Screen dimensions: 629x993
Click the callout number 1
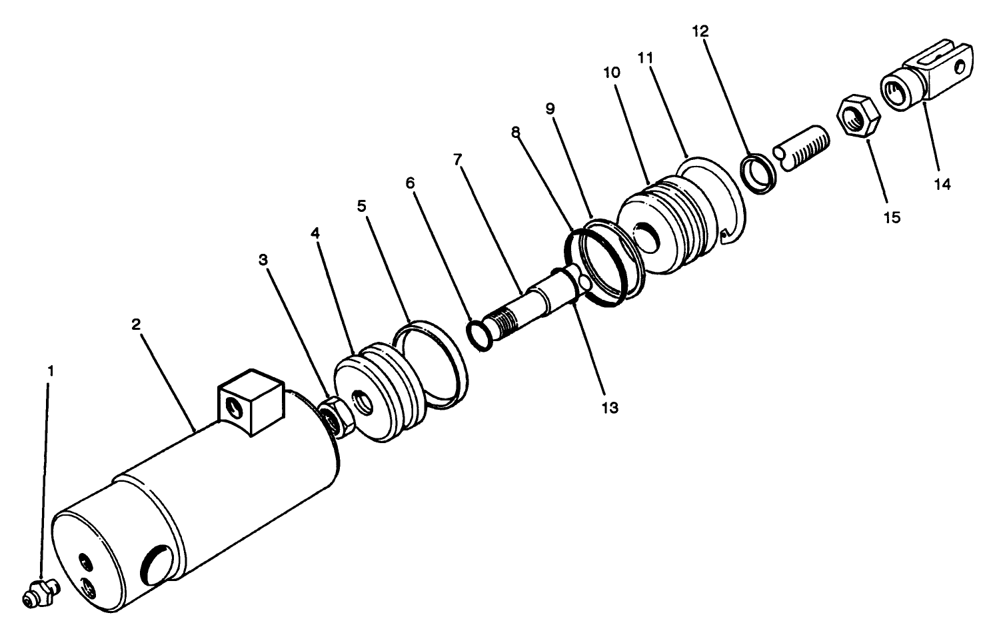(48, 370)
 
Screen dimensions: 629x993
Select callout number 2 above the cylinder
(136, 324)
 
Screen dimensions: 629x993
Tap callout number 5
(362, 206)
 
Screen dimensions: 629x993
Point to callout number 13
(610, 407)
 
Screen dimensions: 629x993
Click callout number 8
(515, 132)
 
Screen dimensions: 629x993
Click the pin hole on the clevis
(960, 67)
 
